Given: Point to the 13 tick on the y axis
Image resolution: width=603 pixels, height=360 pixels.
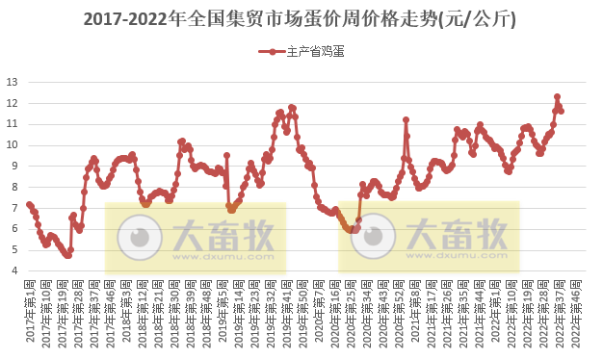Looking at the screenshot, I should (x=13, y=82).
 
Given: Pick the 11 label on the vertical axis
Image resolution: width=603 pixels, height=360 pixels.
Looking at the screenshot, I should (x=13, y=124).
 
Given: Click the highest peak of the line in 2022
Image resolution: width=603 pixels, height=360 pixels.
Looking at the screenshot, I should (x=557, y=97).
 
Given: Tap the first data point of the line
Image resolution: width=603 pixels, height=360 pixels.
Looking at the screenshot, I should (x=29, y=204).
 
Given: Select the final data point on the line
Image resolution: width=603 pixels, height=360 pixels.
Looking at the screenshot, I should (x=562, y=111).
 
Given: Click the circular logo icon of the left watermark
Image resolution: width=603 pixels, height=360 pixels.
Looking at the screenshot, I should (x=141, y=236).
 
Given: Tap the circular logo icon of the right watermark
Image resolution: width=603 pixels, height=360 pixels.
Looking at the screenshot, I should (x=374, y=237).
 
